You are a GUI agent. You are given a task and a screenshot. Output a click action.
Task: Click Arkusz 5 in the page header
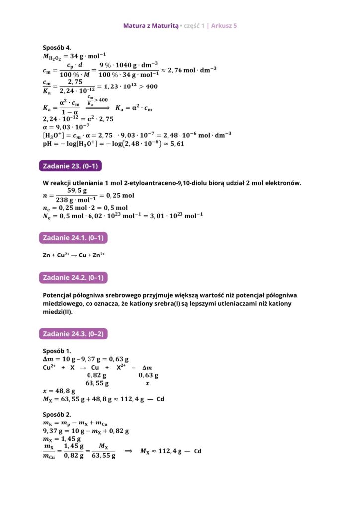coord(224,25)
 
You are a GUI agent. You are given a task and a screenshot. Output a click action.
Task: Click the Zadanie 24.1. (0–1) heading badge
coord(73,238)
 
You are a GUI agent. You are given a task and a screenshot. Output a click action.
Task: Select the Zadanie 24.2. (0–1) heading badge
coord(73,277)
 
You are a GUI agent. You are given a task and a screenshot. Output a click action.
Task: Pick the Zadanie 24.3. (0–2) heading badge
coord(73,334)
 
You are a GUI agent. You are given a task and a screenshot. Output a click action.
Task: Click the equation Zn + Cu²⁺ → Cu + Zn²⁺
coord(74,255)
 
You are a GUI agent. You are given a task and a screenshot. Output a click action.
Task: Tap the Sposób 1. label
coord(57,350)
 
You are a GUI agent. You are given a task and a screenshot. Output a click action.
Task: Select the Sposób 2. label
coord(57,414)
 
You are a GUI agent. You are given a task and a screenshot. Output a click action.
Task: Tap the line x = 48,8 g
coord(59,391)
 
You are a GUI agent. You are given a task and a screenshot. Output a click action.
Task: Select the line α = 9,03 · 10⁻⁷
coord(69,127)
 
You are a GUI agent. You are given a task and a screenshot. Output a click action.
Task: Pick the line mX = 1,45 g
coord(62,439)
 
